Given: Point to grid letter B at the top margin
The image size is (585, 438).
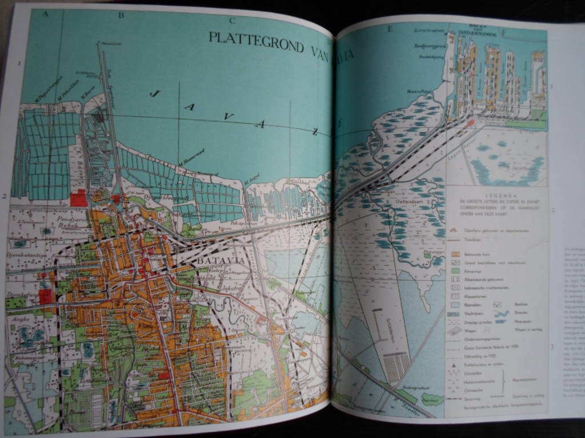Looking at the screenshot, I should [x=121, y=15].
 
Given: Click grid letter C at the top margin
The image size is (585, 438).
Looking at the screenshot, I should [x=232, y=22].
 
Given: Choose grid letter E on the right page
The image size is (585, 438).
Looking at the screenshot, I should [x=390, y=29].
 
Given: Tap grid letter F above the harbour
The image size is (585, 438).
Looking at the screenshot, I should [x=504, y=33].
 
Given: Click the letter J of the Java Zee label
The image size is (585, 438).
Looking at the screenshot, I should [x=154, y=93].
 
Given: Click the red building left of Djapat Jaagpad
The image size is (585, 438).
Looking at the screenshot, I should [x=79, y=198].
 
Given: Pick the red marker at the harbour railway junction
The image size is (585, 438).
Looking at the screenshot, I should [x=470, y=122].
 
